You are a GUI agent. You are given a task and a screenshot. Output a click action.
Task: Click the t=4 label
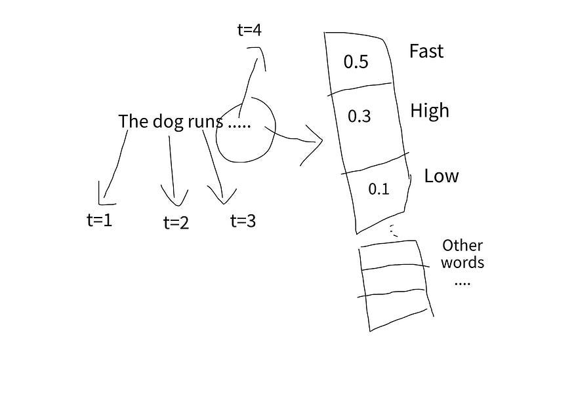tap(249, 30)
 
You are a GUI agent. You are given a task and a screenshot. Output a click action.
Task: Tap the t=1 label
tap(99, 220)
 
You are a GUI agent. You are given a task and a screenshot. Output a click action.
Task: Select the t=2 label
tap(176, 223)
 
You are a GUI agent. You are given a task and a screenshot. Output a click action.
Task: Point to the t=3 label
tap(243, 221)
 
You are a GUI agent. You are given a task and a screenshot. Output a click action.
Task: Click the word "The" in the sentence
tap(134, 121)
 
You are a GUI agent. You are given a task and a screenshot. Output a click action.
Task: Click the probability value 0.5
tap(356, 62)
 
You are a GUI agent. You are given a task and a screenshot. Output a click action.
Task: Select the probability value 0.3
tap(359, 117)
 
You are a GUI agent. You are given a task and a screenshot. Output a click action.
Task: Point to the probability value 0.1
tap(379, 189)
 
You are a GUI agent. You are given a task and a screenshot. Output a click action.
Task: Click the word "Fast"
tap(426, 51)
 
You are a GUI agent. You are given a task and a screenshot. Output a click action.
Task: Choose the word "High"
tap(430, 110)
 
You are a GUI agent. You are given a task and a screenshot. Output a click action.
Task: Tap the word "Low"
tap(441, 176)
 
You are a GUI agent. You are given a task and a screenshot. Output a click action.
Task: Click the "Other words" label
tap(462, 254)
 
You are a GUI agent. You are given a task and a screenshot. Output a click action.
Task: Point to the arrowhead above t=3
tap(222, 196)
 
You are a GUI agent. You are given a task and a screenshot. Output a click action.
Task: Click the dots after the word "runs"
tap(239, 125)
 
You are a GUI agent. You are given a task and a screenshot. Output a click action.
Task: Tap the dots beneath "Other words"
tap(462, 284)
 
